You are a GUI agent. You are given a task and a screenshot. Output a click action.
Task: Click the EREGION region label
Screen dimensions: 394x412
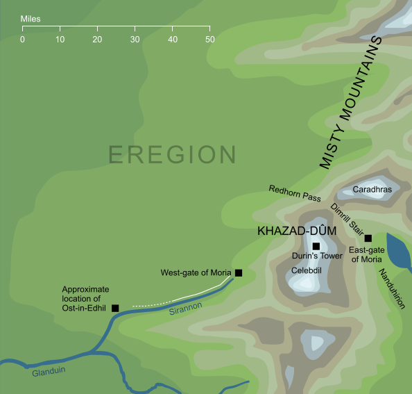(x=173, y=155)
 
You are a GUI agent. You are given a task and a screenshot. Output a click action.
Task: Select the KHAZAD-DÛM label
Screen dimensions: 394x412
(x=287, y=231)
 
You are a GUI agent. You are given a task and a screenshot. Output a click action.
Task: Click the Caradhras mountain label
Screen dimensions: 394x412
(x=372, y=189)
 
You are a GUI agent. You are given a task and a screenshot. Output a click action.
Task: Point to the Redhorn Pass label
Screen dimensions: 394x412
(x=295, y=194)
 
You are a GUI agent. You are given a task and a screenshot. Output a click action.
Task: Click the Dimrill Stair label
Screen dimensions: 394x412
(x=346, y=218)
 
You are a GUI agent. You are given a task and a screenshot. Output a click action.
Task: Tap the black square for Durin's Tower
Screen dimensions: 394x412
(x=316, y=246)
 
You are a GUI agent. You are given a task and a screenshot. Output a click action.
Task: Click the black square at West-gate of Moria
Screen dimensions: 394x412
(x=239, y=273)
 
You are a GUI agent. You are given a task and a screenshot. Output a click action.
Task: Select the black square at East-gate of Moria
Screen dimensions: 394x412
(x=368, y=238)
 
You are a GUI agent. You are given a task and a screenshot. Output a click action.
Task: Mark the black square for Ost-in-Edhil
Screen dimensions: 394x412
(x=115, y=308)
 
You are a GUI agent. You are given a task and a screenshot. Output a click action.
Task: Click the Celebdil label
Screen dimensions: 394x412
(x=306, y=270)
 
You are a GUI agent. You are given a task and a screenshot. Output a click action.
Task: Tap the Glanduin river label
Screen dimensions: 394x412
(x=49, y=371)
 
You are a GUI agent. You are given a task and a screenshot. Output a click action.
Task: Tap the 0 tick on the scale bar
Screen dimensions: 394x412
(x=22, y=30)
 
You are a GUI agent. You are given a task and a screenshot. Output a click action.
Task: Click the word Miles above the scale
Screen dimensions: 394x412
(x=31, y=18)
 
